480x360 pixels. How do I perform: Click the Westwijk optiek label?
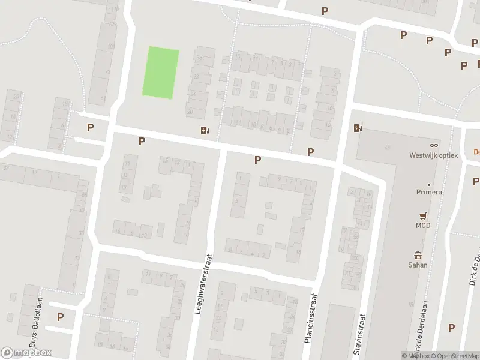[x=433, y=155]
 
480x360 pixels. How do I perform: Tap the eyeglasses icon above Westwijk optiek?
[x=434, y=146]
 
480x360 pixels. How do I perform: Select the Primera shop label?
[x=429, y=192]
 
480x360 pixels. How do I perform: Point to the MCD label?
[x=424, y=225]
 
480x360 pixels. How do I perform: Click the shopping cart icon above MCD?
[x=424, y=215]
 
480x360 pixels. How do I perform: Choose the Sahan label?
[x=418, y=264]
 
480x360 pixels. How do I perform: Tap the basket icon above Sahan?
[x=418, y=254]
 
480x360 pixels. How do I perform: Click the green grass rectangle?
[x=160, y=72]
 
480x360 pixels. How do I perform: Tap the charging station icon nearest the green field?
[x=205, y=130]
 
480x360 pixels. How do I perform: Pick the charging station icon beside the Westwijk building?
[x=358, y=127]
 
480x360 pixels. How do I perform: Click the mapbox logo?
[x=26, y=353]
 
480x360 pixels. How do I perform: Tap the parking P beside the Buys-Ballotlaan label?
[x=61, y=317]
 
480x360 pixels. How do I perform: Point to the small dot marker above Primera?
[x=429, y=184]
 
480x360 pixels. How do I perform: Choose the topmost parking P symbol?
[x=325, y=11]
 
